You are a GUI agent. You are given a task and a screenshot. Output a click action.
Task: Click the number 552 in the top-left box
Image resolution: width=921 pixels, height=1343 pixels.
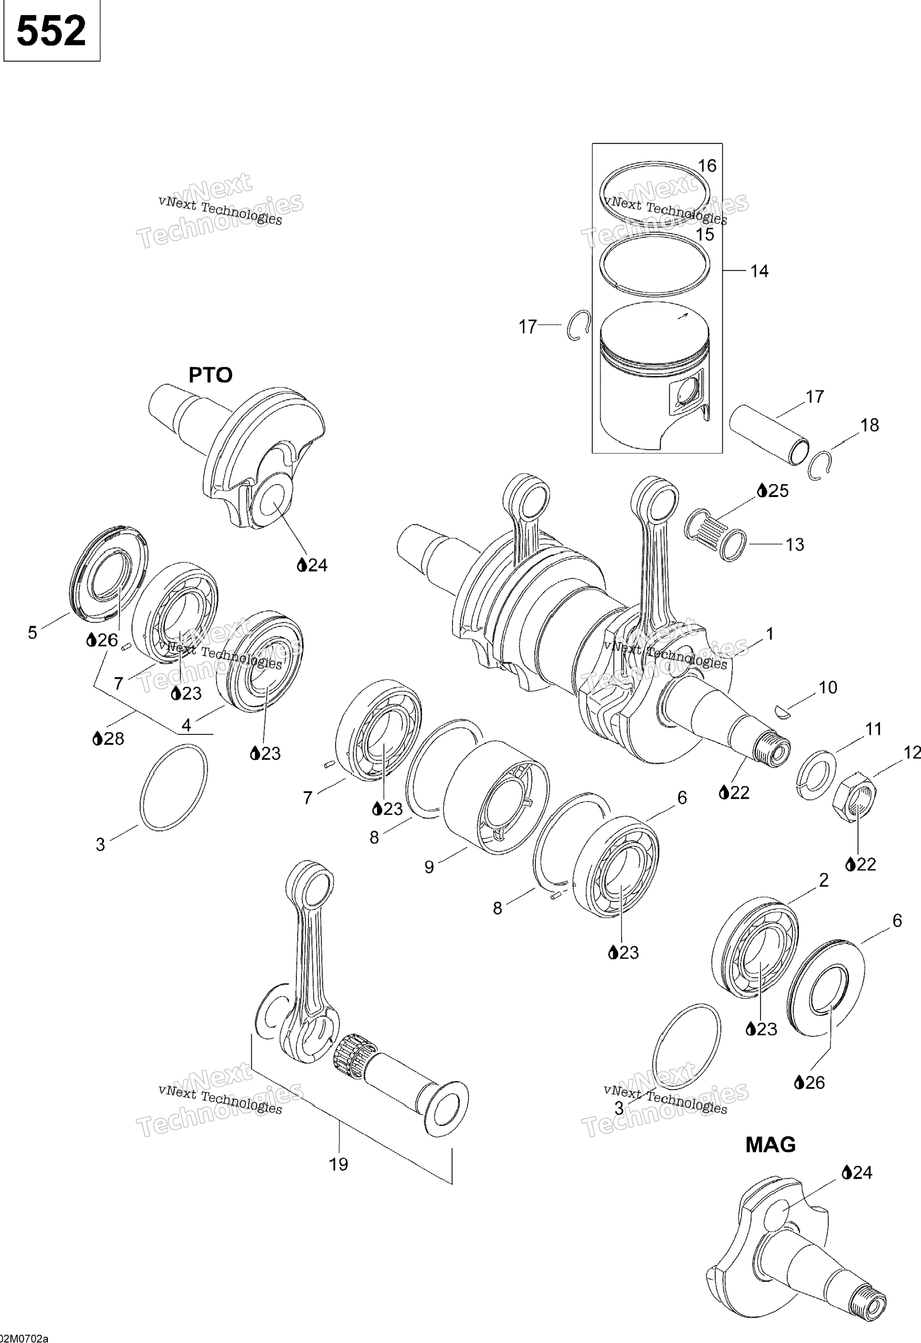tap(51, 31)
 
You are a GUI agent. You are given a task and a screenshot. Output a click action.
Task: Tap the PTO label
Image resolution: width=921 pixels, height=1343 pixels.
tap(210, 375)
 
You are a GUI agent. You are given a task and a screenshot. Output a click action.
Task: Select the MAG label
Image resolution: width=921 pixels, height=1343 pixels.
tap(770, 1144)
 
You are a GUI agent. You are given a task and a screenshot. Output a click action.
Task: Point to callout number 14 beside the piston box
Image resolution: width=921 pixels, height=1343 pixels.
tap(759, 271)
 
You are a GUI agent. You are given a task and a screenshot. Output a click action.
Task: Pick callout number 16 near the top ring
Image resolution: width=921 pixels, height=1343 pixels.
tap(707, 166)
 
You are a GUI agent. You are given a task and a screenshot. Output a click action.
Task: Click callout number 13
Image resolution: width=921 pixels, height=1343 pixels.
tap(795, 544)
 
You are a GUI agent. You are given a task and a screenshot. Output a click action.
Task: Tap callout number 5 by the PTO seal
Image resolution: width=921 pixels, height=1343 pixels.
tap(33, 633)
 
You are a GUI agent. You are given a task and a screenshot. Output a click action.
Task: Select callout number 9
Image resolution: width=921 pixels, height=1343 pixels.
tap(429, 867)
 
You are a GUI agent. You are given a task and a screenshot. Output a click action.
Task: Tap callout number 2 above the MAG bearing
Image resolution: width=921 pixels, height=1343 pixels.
tap(823, 880)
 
